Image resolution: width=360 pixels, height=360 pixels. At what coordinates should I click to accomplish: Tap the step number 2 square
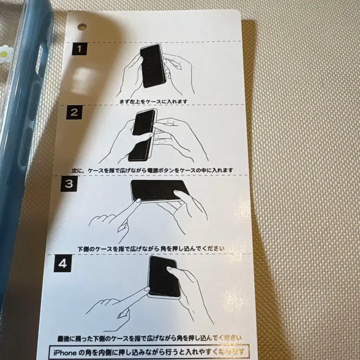[74, 112]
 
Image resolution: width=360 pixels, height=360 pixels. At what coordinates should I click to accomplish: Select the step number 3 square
[68, 184]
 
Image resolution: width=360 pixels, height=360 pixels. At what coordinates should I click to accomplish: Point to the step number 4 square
[62, 264]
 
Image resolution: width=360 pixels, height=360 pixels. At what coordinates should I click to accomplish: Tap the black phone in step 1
[152, 66]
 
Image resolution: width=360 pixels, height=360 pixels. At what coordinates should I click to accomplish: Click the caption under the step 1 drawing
[153, 101]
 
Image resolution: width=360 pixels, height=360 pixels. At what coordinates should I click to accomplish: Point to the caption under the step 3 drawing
[151, 248]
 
